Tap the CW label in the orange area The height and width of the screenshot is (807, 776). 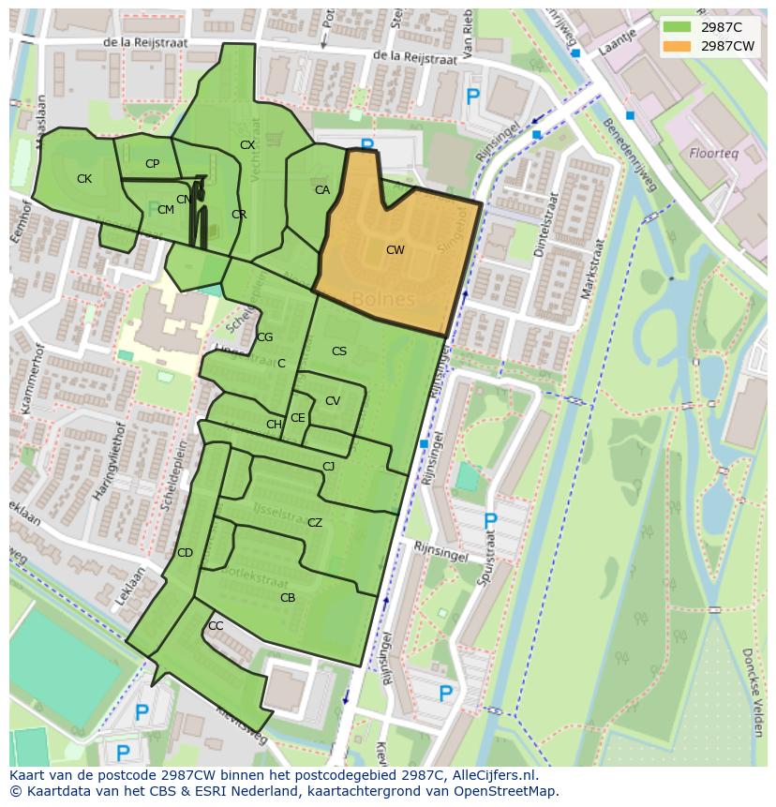point(395,250)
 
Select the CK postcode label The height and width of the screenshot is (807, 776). point(84,179)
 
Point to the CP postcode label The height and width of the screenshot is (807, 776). point(152,164)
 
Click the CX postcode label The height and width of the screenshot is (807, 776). point(247,145)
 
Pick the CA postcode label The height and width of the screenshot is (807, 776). point(322,190)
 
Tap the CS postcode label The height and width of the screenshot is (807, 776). point(339,351)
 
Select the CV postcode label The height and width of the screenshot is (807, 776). point(333,401)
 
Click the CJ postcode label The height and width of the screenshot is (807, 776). point(328,467)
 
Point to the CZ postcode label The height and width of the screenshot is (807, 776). point(315,523)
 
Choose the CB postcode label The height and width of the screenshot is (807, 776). point(288,598)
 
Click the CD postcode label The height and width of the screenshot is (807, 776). point(185,553)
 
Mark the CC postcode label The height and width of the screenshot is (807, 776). point(216,626)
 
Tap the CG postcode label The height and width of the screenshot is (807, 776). point(265,337)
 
